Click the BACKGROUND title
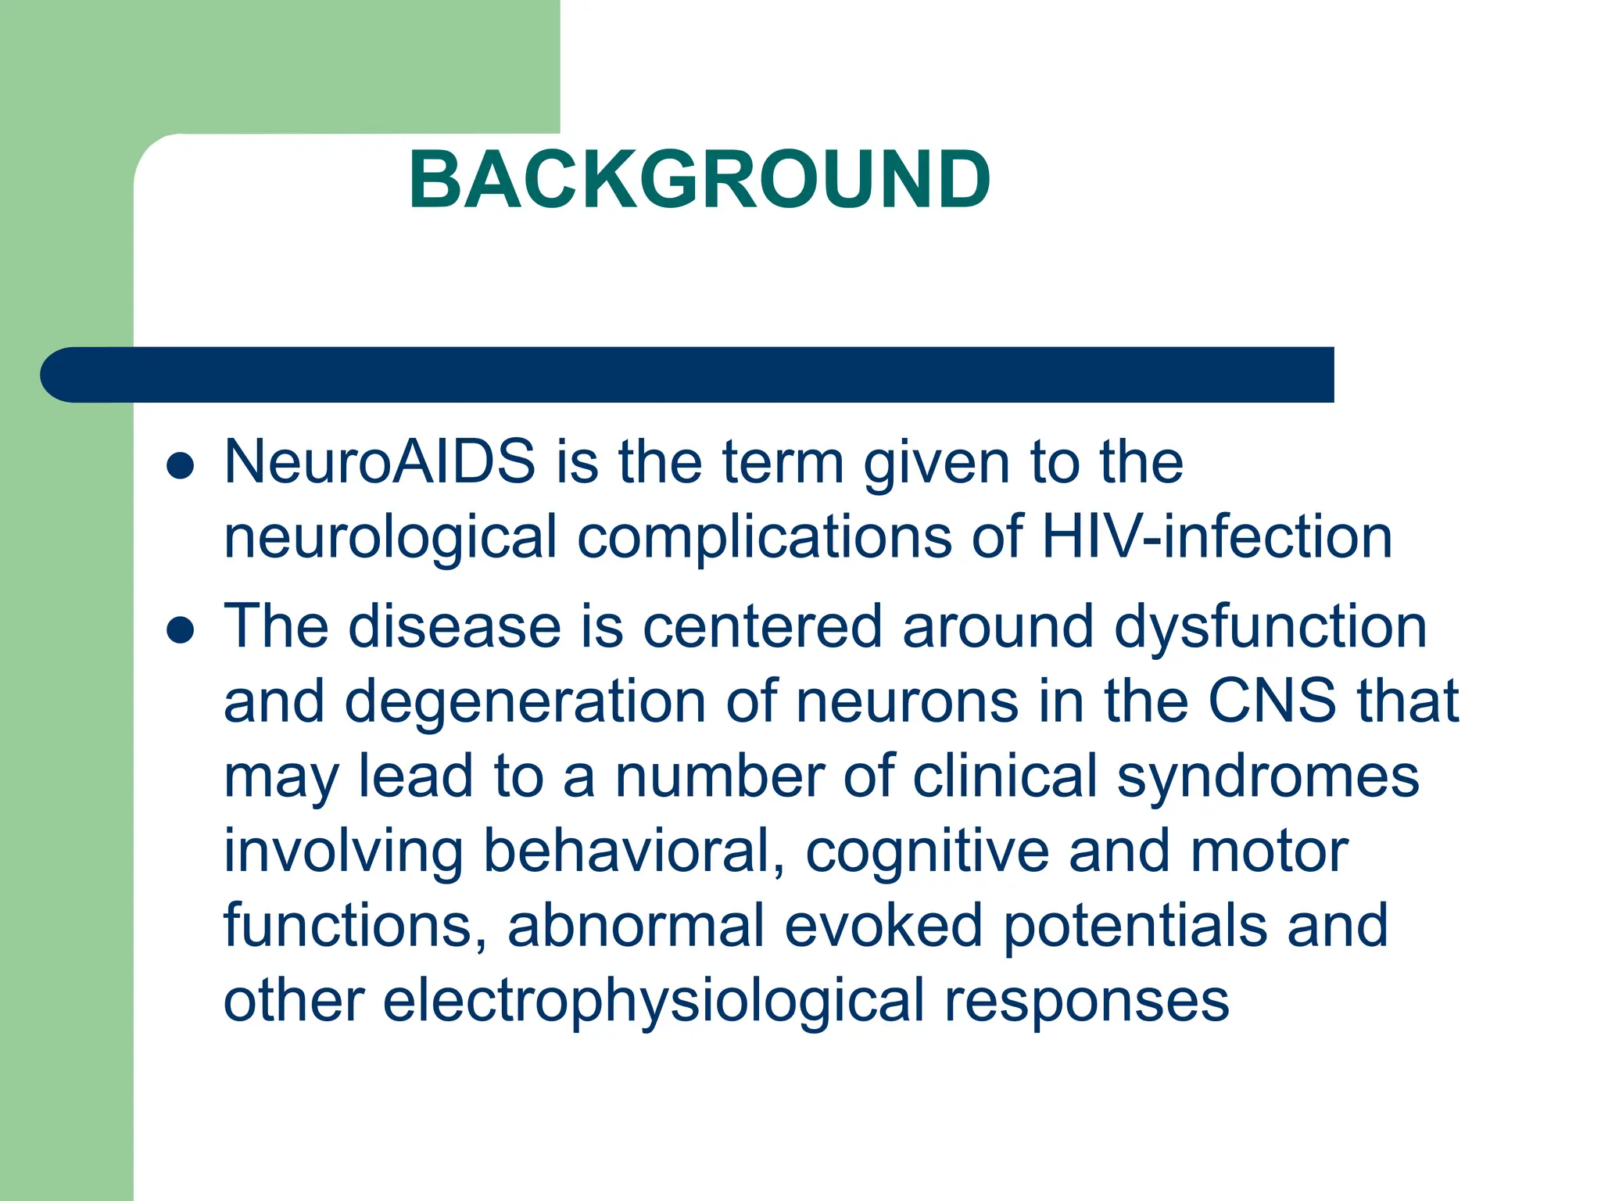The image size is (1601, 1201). click(x=700, y=180)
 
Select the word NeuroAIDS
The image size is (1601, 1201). click(x=380, y=461)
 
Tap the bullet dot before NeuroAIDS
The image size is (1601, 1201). click(x=181, y=466)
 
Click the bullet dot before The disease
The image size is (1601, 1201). click(x=181, y=630)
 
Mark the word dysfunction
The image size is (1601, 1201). click(x=1270, y=627)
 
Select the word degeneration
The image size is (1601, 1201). click(x=525, y=702)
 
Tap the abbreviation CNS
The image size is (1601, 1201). click(x=1272, y=701)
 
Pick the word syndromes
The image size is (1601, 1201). click(x=1267, y=777)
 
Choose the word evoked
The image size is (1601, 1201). click(x=883, y=926)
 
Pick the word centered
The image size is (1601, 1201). click(x=762, y=627)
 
